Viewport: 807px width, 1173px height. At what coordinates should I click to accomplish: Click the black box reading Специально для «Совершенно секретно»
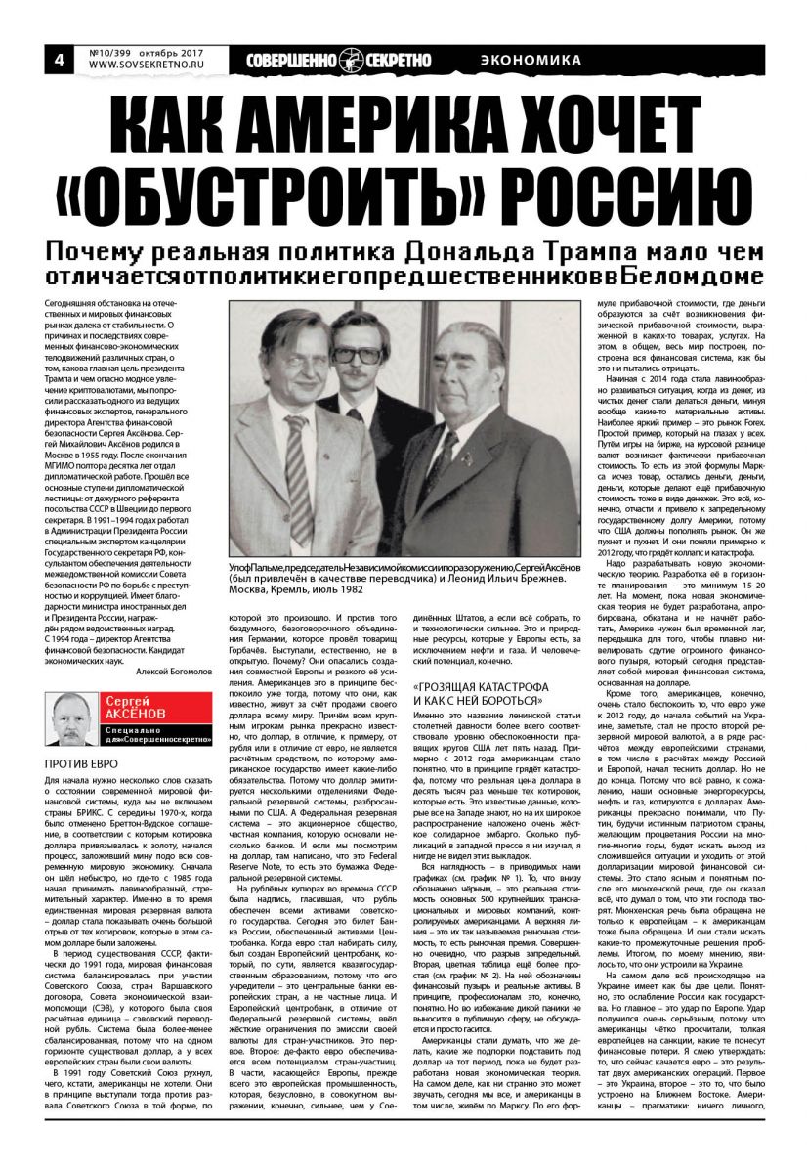pyautogui.click(x=159, y=739)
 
